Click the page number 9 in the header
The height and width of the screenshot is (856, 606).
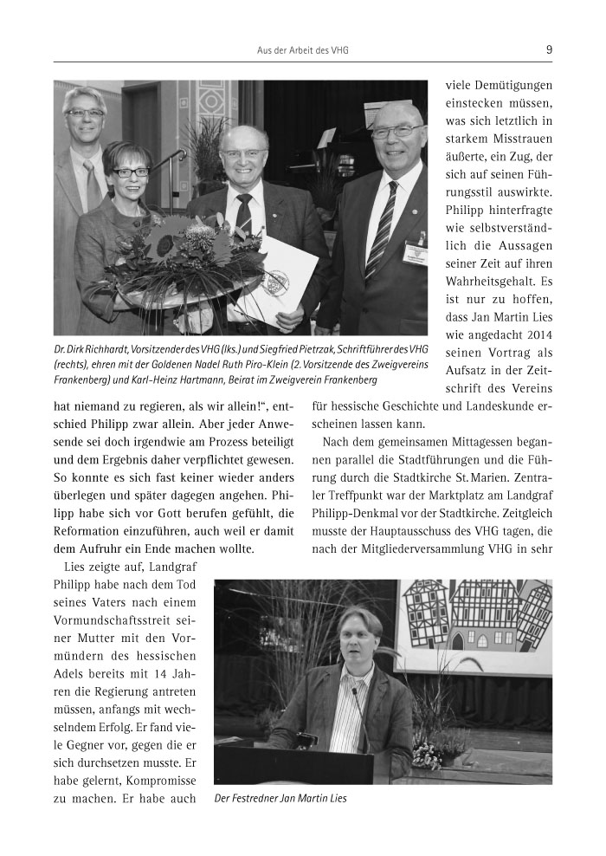(549, 50)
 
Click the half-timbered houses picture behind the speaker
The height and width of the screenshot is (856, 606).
(474, 617)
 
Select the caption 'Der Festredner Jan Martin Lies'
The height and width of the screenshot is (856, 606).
(280, 799)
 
